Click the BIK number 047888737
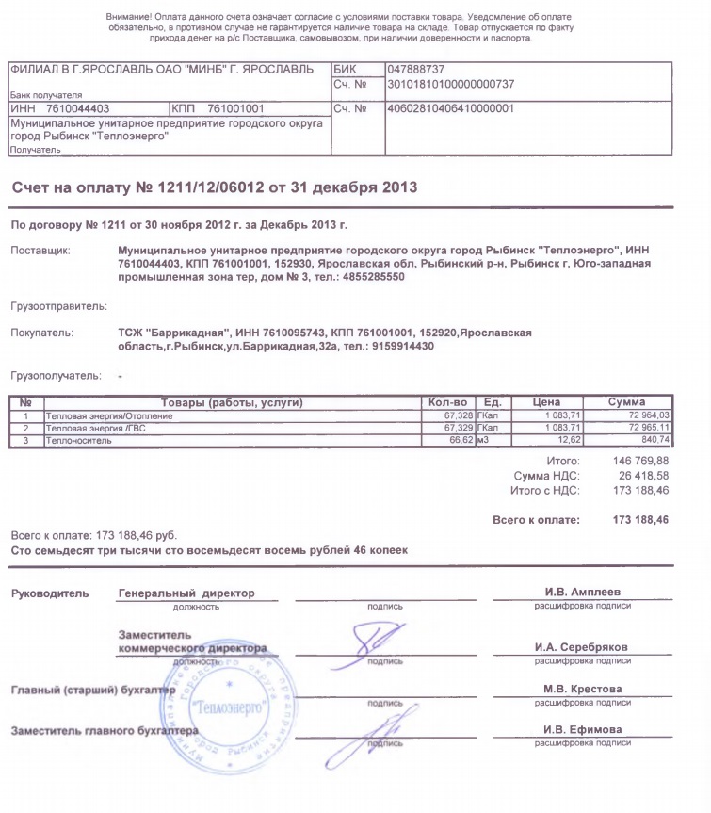tap(416, 70)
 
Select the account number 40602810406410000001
tap(450, 108)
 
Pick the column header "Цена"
tap(547, 403)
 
